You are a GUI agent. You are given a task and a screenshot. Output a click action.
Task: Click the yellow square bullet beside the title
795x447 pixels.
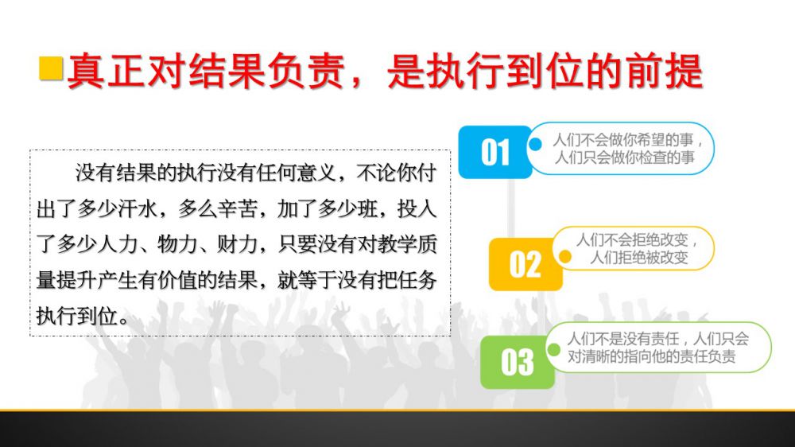[x=51, y=68]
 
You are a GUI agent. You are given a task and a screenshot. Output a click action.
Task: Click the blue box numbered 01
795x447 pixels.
[x=494, y=152]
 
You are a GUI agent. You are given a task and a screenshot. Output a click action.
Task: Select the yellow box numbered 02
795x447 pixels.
[x=525, y=264]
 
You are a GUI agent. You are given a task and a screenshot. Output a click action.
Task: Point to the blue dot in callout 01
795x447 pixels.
[x=535, y=145]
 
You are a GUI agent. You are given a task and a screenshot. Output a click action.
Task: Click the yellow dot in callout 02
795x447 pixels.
[x=564, y=257]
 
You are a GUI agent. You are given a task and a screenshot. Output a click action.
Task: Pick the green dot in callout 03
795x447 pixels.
[x=554, y=350]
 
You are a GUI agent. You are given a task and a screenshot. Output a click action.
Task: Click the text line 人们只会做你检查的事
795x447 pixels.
[x=624, y=157]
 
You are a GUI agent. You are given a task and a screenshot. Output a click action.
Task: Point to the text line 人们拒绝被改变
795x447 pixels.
[x=639, y=258]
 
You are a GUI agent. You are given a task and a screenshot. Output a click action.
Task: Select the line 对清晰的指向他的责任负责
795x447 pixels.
[x=651, y=356]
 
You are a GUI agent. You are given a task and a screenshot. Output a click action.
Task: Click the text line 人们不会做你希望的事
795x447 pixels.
[x=623, y=140]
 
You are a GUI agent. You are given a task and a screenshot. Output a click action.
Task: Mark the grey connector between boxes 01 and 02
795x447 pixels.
[x=511, y=208]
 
